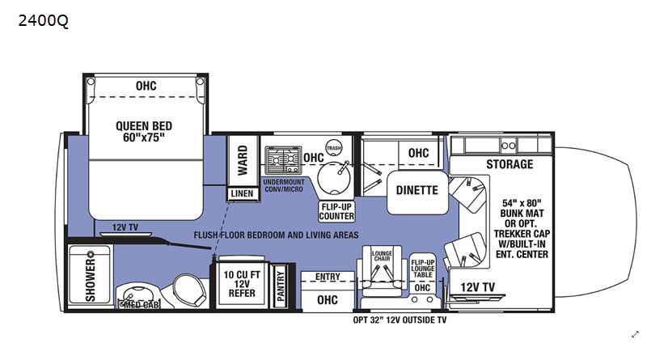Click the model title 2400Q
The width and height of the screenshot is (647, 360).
(x=44, y=21)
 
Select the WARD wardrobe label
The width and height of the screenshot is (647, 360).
(x=243, y=160)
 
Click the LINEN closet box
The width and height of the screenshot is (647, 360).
(x=242, y=193)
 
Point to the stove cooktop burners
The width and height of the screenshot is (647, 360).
(x=283, y=159)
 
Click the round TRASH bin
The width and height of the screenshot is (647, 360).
(x=333, y=148)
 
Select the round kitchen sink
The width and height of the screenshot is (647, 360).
(x=334, y=178)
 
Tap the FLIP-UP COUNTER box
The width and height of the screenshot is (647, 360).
(x=336, y=211)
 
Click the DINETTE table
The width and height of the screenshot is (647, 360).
(x=417, y=193)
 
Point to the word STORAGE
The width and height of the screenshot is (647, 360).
(x=510, y=164)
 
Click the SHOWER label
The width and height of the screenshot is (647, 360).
(x=91, y=277)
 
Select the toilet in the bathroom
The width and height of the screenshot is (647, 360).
(x=188, y=290)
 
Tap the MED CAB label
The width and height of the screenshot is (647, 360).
(x=141, y=305)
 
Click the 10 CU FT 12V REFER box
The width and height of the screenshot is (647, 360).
(x=242, y=283)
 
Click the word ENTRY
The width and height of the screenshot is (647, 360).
(x=328, y=277)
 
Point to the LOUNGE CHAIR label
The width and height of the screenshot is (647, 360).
(x=382, y=256)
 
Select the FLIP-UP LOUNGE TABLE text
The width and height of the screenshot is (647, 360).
(x=422, y=269)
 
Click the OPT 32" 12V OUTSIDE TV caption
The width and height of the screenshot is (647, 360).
(x=400, y=320)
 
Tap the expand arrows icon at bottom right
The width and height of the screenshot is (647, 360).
(x=635, y=335)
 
